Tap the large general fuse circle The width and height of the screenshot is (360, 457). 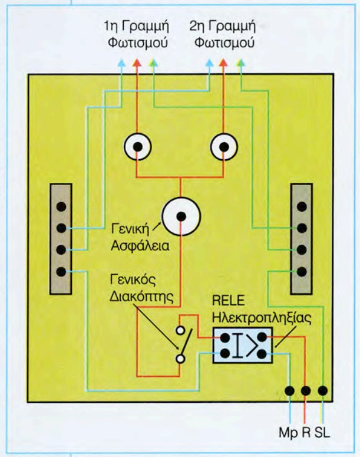180,215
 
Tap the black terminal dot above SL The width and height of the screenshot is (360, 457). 322,390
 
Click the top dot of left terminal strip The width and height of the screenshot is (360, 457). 61,206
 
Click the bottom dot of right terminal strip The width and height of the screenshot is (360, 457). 302,272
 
